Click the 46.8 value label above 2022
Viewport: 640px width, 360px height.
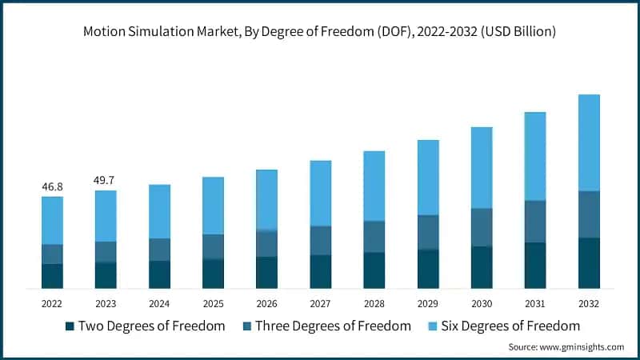(x=52, y=186)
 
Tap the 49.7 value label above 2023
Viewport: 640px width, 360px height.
(x=106, y=180)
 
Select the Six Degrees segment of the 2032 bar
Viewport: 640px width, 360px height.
(x=589, y=142)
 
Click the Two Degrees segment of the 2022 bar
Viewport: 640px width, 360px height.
(x=52, y=275)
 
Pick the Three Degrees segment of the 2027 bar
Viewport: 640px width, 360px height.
(x=320, y=240)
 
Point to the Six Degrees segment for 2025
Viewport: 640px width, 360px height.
(x=213, y=206)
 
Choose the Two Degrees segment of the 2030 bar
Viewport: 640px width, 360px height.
(x=482, y=267)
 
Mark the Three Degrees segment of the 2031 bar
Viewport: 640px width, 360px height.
(x=535, y=222)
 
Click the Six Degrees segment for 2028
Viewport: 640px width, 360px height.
(x=374, y=186)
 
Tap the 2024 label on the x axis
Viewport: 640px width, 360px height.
(x=159, y=304)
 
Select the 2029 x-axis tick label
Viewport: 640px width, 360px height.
(x=428, y=304)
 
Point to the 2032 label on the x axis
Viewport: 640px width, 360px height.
(x=589, y=304)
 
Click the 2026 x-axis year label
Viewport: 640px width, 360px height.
(x=266, y=304)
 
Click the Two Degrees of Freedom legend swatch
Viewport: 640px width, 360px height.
(x=70, y=326)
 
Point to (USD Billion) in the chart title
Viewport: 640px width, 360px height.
(x=512, y=32)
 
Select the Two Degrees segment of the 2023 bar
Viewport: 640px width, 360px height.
(x=106, y=274)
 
